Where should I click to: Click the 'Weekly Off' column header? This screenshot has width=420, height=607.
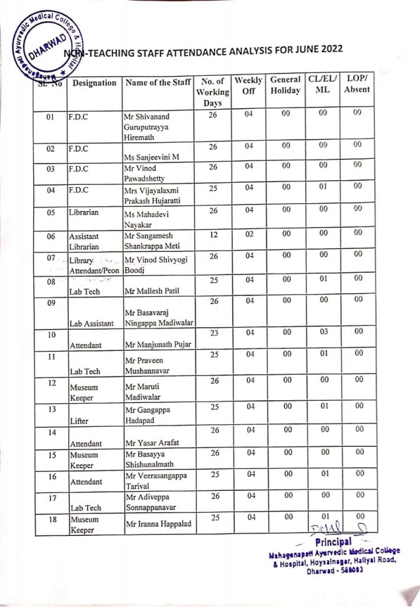coord(249,85)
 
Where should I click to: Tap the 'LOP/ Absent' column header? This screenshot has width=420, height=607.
coord(357,84)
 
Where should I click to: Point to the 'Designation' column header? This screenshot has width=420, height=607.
coord(94,83)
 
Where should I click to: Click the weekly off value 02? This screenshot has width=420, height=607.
coord(249,234)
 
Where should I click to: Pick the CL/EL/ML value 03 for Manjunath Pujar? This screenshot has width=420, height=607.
coord(323,332)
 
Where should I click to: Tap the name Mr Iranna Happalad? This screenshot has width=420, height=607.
coord(156,524)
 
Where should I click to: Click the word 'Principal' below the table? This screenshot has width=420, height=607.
coord(334,542)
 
